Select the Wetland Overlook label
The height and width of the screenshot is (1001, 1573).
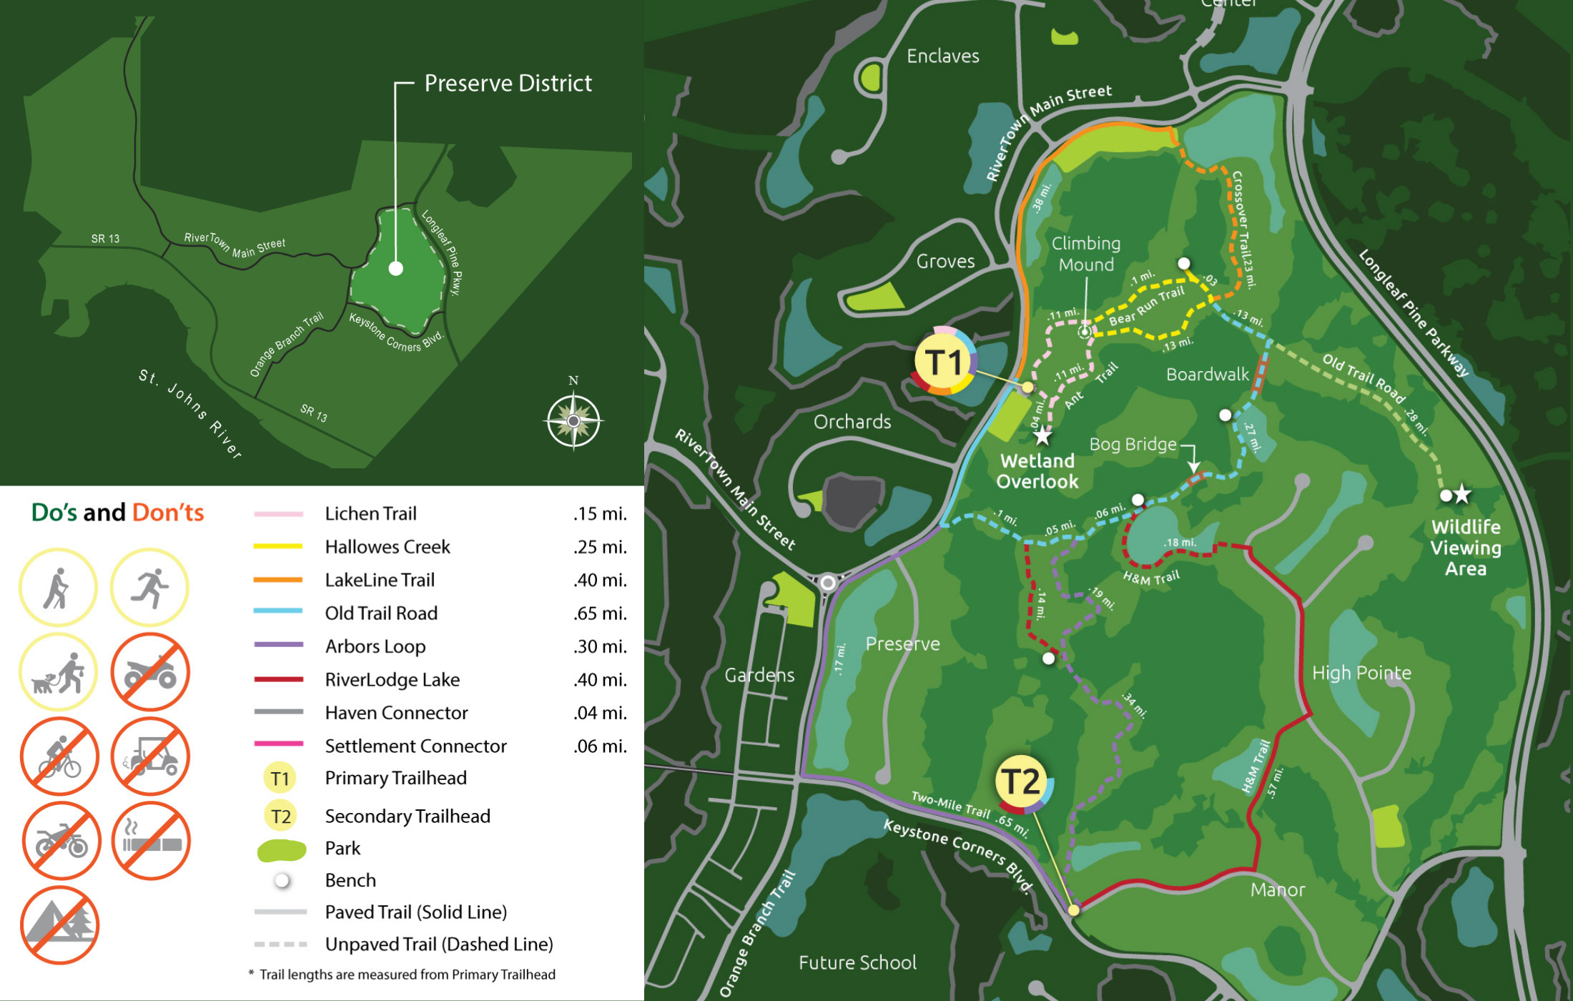tap(1037, 471)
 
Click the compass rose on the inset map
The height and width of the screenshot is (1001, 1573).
tap(573, 420)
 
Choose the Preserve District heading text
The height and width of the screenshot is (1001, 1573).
tap(508, 83)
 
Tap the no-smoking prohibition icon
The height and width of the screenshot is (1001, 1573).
tap(151, 841)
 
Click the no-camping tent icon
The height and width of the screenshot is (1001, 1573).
tap(59, 925)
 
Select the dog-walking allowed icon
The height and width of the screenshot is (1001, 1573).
tap(59, 672)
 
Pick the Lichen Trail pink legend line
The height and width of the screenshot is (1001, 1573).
tap(278, 514)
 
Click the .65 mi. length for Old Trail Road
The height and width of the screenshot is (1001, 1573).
tap(600, 613)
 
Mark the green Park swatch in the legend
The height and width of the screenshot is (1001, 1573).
tap(281, 849)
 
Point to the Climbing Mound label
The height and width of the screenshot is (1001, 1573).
tap(1086, 254)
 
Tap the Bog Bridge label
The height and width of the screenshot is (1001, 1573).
tap(1133, 444)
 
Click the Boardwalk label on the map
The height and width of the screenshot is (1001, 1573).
tap(1208, 374)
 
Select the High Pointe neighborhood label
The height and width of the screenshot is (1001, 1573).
tap(1361, 673)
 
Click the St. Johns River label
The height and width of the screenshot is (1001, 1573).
tap(190, 414)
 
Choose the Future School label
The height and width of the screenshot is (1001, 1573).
tap(857, 962)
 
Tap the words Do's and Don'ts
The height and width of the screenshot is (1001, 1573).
tap(118, 513)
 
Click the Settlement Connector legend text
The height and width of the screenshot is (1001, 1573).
tap(415, 746)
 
